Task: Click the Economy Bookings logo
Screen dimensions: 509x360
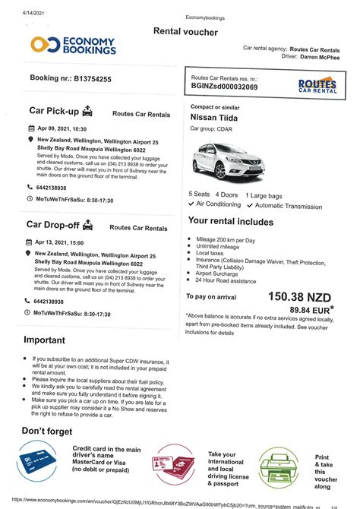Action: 73,45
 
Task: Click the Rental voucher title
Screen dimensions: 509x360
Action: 185,31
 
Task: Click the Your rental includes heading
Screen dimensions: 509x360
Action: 231,221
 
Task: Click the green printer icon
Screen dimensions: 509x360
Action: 280,464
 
